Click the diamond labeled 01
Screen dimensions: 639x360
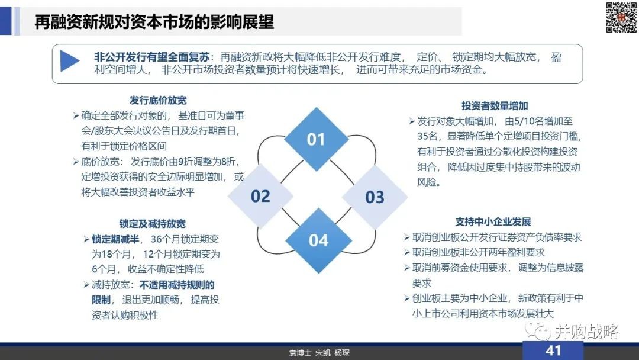click(x=316, y=139)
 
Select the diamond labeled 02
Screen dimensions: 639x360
click(x=260, y=196)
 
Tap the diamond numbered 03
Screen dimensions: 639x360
click(x=375, y=197)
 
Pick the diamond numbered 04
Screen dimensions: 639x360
click(x=318, y=240)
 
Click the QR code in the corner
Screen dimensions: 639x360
click(x=621, y=18)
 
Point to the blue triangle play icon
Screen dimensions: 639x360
click(x=69, y=61)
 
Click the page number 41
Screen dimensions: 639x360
click(x=553, y=351)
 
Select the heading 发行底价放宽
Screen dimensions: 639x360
click(x=158, y=100)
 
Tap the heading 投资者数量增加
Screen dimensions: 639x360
click(x=495, y=106)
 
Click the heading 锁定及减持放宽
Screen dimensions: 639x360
click(x=153, y=224)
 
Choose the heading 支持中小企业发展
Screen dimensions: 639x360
click(x=493, y=222)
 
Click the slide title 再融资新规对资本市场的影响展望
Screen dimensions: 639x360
click(x=154, y=22)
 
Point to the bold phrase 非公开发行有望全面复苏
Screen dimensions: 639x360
click(x=151, y=57)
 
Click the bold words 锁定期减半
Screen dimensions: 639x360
click(x=115, y=239)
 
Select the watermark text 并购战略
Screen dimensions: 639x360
click(x=587, y=332)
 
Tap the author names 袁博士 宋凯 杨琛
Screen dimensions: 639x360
click(x=319, y=353)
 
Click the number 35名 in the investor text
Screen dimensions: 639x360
click(x=428, y=136)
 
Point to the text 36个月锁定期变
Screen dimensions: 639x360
click(x=185, y=239)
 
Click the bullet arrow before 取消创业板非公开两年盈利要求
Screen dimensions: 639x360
click(x=406, y=252)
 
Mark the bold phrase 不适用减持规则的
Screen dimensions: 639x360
click(x=177, y=285)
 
